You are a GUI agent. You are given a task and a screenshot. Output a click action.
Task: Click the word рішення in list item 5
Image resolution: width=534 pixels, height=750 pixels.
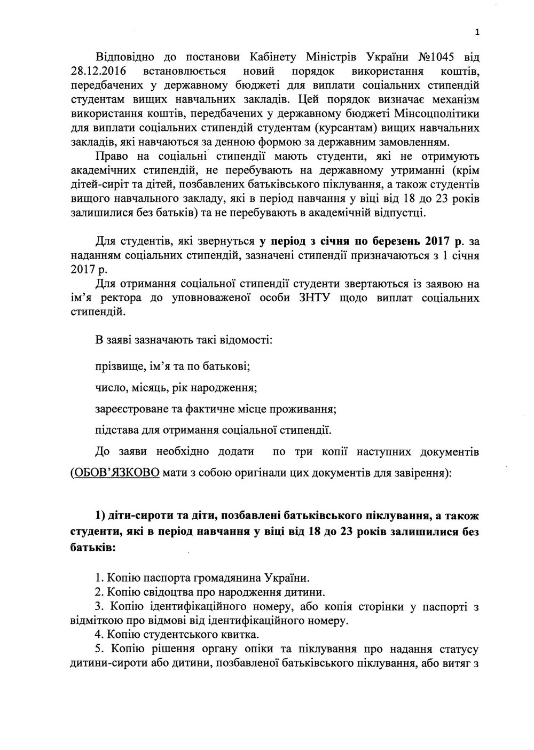pyautogui.click(x=167, y=650)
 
